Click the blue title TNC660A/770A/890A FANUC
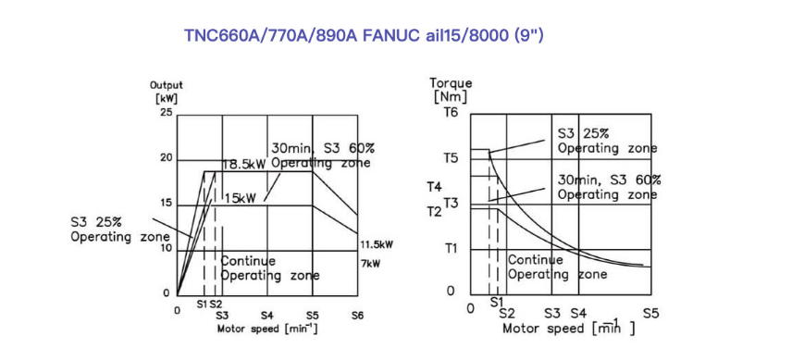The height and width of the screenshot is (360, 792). point(301,36)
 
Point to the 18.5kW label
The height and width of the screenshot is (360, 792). point(244,165)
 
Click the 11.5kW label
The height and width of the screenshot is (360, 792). point(377,245)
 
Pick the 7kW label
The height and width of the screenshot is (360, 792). point(370,264)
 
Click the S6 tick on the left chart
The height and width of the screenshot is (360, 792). point(357,315)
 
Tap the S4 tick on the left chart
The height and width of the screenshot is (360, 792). point(267,315)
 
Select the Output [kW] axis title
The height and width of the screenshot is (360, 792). point(167,91)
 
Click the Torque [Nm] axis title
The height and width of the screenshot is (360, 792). point(451,89)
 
